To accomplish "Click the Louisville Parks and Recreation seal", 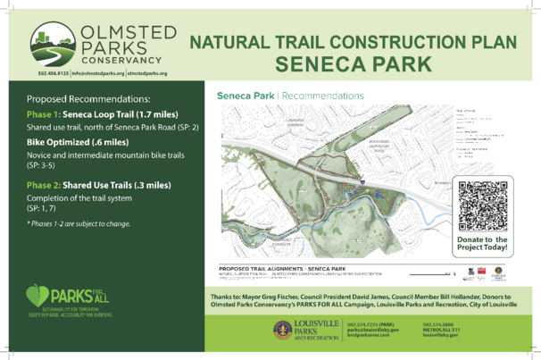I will pyautogui.click(x=282, y=330).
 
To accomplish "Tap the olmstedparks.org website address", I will pyautogui.click(x=147, y=71).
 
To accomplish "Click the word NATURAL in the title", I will pyautogui.click(x=229, y=42).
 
